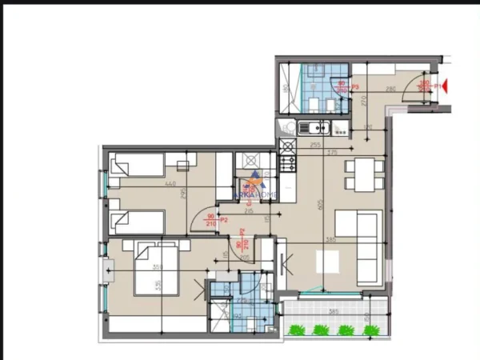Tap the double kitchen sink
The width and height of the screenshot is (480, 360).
(x=314, y=127)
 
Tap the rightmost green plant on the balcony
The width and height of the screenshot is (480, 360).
(x=370, y=329)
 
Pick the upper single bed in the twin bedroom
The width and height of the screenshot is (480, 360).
(x=139, y=166)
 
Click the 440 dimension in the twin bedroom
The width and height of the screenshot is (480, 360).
(x=170, y=184)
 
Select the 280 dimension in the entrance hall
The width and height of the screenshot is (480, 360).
(x=391, y=90)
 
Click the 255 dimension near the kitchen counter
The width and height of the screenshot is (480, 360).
(x=314, y=145)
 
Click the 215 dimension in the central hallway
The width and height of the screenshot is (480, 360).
(x=237, y=211)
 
